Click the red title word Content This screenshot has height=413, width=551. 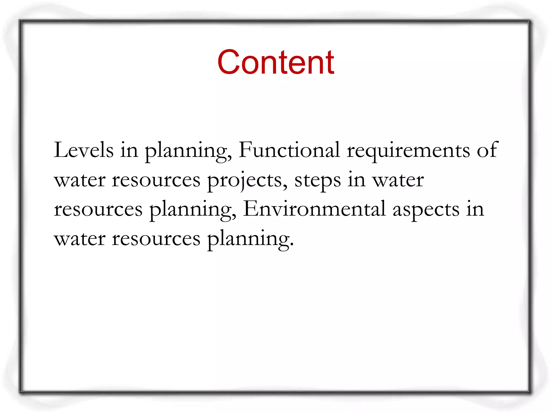pos(276,62)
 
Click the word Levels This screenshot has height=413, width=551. pos(84,150)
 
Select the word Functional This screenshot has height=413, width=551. pos(289,150)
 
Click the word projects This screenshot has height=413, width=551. pos(247,180)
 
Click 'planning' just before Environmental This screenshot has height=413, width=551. pos(193,210)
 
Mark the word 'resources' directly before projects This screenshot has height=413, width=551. pos(156,180)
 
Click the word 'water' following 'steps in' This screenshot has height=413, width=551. pos(398,180)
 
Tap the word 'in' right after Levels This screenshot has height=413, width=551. pos(129,150)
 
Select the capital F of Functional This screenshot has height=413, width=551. pos(245,149)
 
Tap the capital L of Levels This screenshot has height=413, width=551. pos(61,149)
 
